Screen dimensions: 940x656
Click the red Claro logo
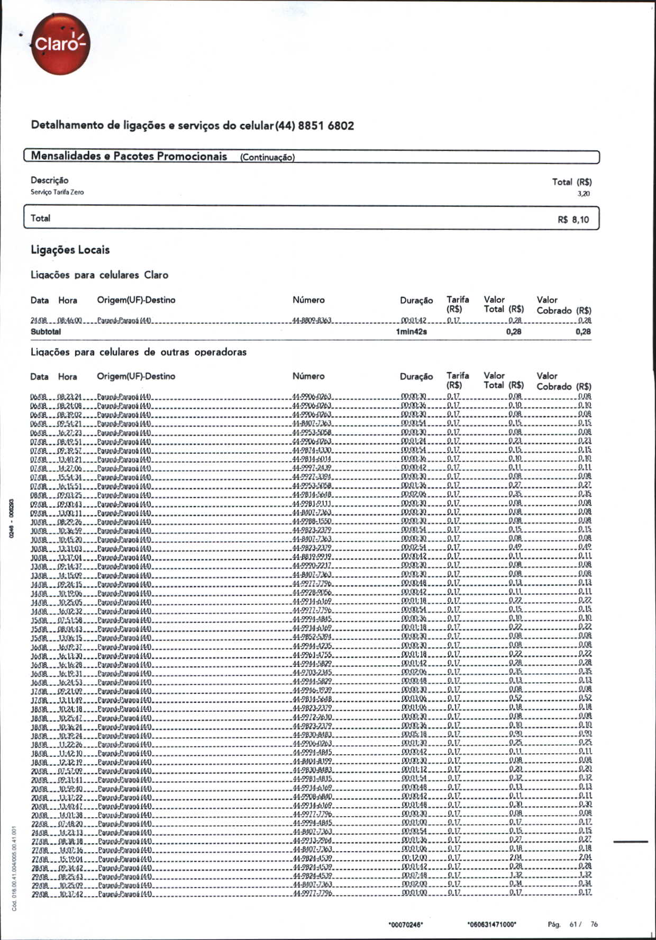pos(60,44)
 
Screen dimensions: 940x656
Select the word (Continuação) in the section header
pos(267,157)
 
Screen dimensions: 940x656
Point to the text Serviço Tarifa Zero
pos(57,192)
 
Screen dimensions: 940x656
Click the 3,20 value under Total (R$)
pos(584,194)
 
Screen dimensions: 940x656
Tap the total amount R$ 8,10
pos(573,220)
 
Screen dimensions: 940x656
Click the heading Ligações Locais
pos(70,250)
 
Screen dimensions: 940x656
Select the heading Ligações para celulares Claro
pos(99,275)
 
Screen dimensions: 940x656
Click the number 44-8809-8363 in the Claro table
pos(312,321)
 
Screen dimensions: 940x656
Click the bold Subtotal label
pos(45,332)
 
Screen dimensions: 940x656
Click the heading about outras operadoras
pos(139,352)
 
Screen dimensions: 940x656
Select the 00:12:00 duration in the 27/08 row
pos(414,857)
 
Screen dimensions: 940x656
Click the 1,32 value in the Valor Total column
pos(516,875)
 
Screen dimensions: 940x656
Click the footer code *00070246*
pos(406,925)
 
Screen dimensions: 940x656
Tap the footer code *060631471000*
pos(492,925)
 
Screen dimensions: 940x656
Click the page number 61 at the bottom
pos(573,924)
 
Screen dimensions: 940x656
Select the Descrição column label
pos(49,180)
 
